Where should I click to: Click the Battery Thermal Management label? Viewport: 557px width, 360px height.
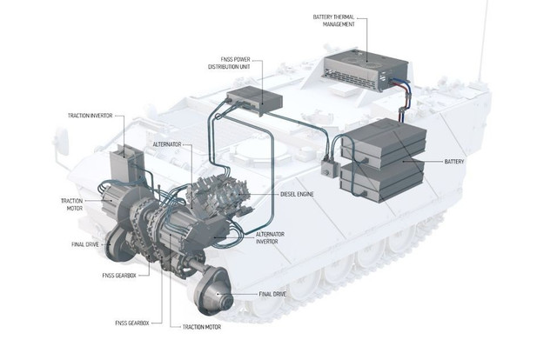333,21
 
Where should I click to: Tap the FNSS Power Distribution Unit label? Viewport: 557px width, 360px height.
229,63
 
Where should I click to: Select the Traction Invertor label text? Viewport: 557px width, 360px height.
91,116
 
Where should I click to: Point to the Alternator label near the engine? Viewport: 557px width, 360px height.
167,144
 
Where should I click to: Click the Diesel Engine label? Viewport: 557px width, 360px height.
297,194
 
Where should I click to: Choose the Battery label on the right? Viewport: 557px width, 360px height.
454,162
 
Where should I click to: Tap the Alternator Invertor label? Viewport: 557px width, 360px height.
270,238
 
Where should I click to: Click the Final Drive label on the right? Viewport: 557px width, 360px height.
272,294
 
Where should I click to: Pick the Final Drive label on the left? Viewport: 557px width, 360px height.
85,244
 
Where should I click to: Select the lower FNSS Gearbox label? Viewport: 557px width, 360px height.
132,323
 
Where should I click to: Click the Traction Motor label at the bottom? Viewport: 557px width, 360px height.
202,327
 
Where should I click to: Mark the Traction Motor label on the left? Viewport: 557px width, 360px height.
72,204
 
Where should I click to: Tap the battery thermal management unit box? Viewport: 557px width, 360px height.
366,71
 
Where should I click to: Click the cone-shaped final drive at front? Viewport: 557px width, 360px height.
212,291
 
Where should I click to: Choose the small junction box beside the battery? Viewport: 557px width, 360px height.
329,168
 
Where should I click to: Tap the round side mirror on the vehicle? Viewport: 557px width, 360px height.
61,141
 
